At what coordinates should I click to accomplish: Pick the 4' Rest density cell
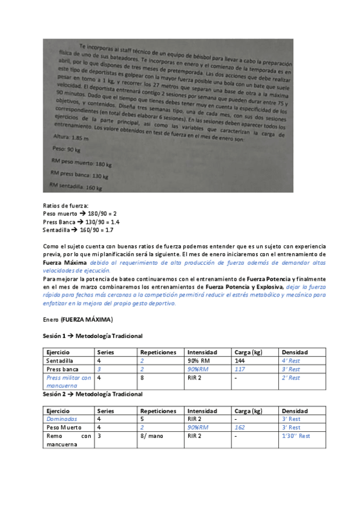(x=291, y=361)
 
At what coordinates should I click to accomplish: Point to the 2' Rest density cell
(x=291, y=378)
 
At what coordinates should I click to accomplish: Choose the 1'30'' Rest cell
(x=296, y=436)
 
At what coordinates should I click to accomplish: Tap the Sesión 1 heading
(x=93, y=336)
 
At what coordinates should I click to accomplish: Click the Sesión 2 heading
(x=93, y=394)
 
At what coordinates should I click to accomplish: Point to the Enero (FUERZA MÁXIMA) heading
(x=78, y=319)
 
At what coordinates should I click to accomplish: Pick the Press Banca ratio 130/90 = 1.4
(x=103, y=222)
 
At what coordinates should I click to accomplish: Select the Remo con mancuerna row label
(x=69, y=440)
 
